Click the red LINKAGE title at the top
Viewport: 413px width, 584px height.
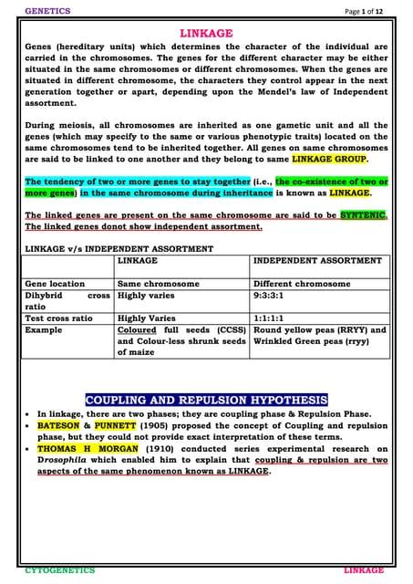point(206,33)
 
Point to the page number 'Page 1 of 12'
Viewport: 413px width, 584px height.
point(362,10)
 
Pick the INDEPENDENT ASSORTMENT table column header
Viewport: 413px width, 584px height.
point(316,261)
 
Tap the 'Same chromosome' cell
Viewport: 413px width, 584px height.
point(158,284)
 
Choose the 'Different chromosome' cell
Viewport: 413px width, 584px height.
point(301,284)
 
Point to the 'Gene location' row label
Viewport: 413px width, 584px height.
point(55,284)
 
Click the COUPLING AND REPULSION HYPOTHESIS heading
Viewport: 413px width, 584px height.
point(206,400)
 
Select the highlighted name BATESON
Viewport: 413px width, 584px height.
point(64,425)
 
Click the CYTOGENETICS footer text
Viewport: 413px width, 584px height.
point(60,569)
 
